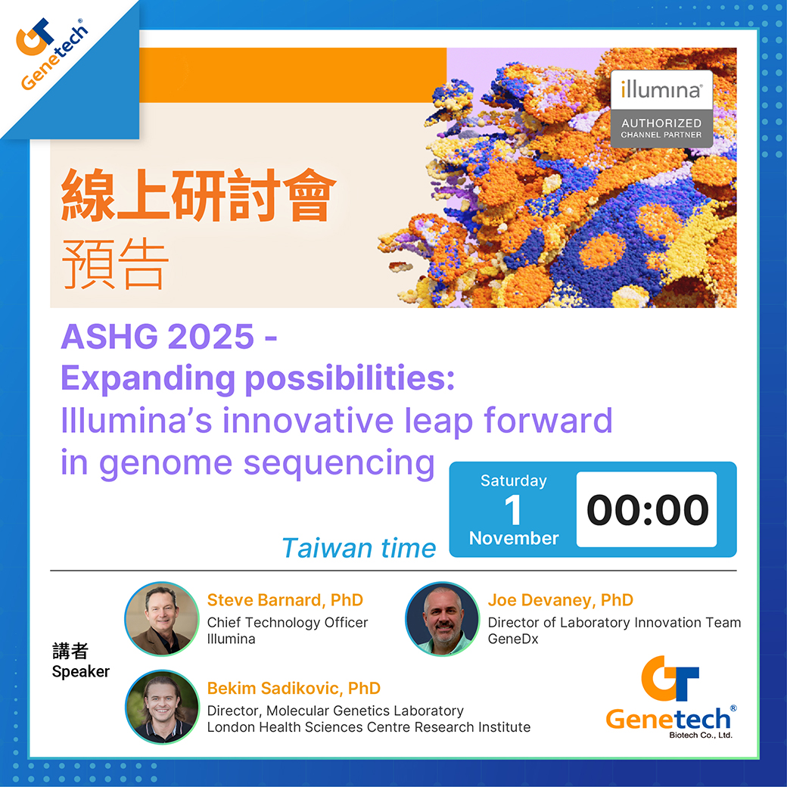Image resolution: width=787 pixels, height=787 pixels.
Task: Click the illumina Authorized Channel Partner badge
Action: coord(661,109)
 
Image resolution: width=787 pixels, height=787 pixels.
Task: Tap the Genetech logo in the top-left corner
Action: coord(52,54)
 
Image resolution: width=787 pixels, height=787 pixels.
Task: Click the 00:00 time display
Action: coord(647,509)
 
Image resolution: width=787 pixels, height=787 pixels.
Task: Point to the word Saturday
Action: coord(514,481)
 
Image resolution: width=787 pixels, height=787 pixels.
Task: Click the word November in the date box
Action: coord(514,538)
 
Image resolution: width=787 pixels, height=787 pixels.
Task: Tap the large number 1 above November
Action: coord(513,510)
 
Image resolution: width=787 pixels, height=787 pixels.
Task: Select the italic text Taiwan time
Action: coord(359,548)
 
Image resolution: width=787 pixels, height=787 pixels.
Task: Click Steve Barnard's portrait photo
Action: coord(162,619)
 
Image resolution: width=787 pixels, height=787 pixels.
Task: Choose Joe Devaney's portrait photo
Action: coord(443,619)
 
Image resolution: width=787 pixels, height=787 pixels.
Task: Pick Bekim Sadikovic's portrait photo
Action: coord(162,707)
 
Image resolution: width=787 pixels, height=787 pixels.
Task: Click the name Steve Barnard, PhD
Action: coord(285,600)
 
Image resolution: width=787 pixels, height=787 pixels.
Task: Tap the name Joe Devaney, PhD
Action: coord(561,600)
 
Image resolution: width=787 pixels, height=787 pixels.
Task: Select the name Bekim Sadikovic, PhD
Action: coord(294,688)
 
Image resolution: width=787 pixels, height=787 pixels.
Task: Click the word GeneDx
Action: coord(513,639)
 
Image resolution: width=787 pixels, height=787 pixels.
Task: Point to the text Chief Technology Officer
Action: coord(288,622)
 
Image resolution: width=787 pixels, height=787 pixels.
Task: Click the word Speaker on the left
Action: coord(81,671)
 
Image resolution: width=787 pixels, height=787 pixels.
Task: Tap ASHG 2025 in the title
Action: coord(157,336)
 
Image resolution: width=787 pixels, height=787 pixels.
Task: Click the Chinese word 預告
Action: coord(114,264)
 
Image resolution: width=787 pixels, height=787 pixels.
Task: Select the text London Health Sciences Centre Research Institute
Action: coord(369,727)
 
